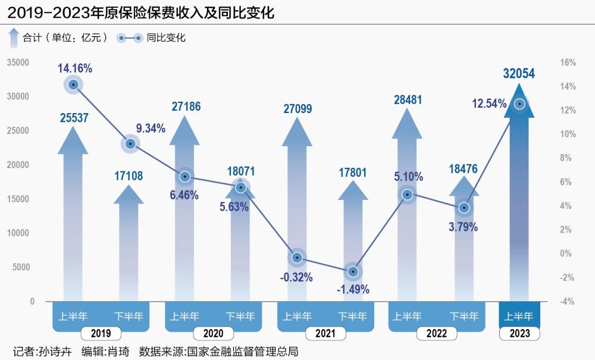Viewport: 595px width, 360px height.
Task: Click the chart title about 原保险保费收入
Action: (141, 12)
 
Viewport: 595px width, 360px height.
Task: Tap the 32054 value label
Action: (519, 73)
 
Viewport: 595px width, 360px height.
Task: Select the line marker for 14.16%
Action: (74, 84)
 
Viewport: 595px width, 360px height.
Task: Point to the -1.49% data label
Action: (353, 290)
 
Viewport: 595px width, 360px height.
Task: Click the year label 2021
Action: (325, 334)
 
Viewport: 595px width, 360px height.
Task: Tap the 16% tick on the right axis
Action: (568, 62)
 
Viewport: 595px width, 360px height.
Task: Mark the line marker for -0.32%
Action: (297, 257)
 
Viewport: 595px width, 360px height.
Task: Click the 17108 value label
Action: (129, 176)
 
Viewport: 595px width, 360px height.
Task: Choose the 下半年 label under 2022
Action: (464, 316)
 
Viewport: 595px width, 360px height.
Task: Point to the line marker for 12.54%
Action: (520, 104)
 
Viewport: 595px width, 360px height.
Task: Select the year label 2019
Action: (101, 334)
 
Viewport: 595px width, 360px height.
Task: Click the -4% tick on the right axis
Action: (568, 302)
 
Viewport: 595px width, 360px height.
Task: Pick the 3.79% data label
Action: (464, 227)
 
